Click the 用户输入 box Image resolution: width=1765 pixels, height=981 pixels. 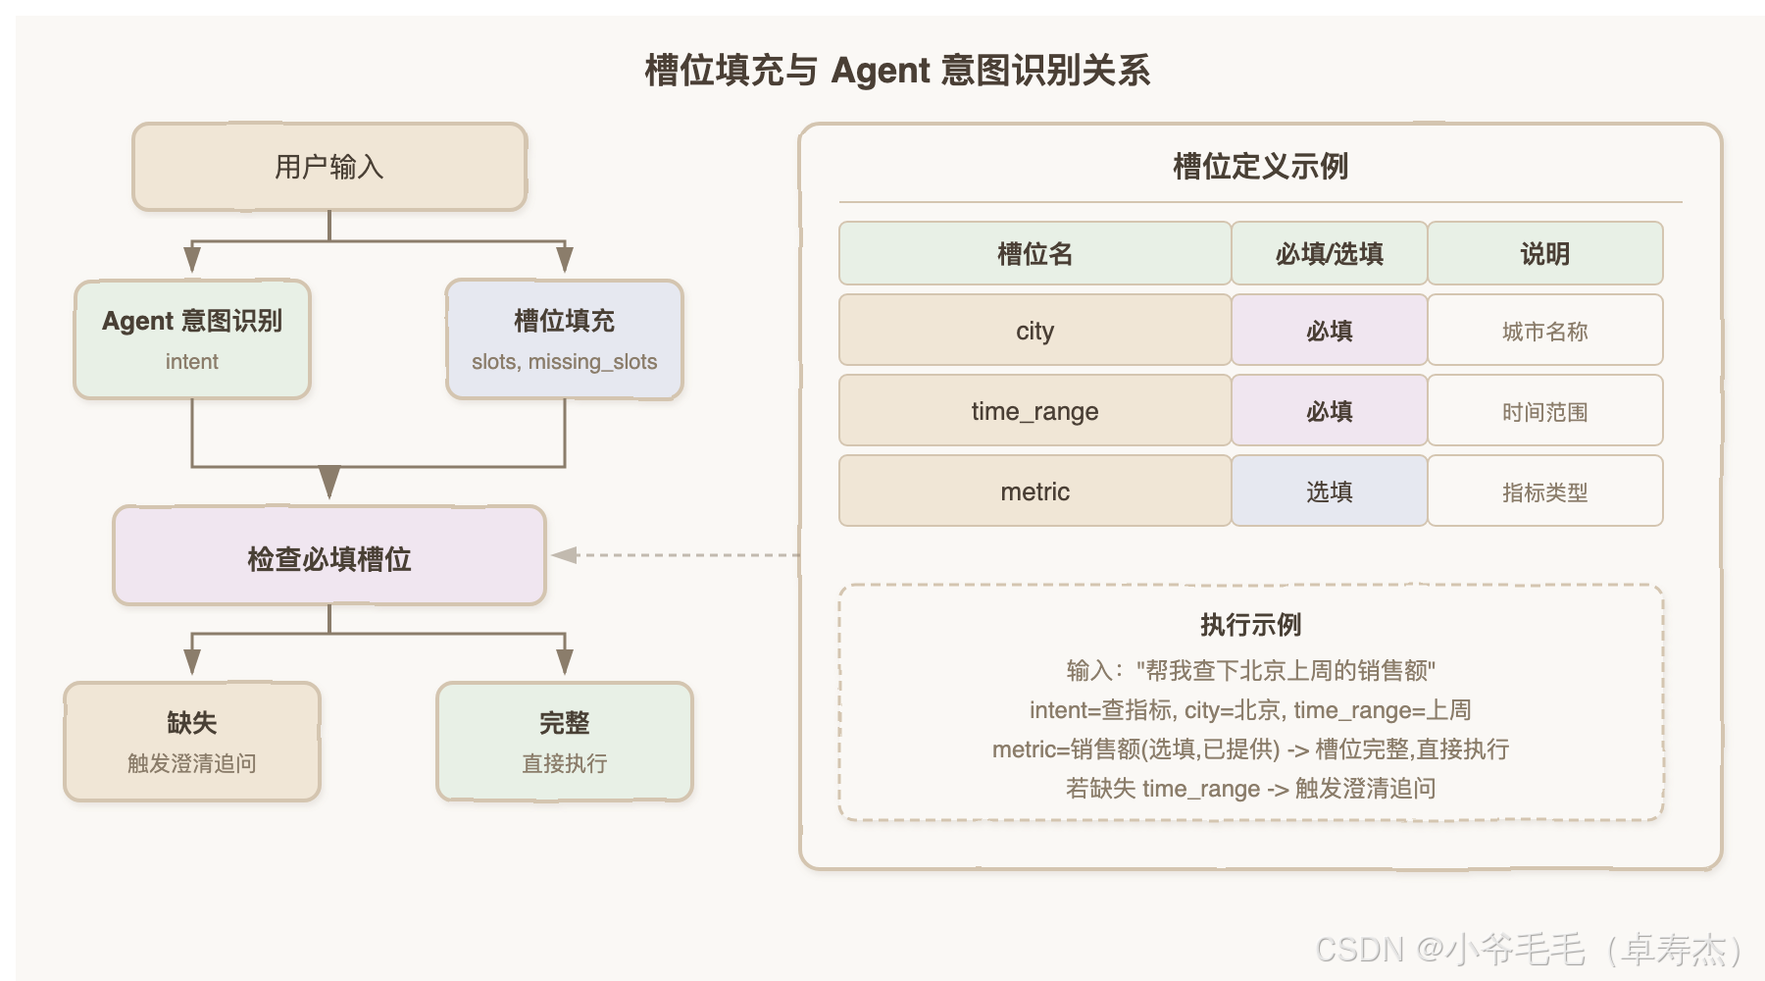[x=329, y=167]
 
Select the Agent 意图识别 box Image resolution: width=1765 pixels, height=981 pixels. [x=192, y=339]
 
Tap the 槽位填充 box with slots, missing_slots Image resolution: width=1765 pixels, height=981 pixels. [x=565, y=339]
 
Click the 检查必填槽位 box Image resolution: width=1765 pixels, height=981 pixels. [x=329, y=555]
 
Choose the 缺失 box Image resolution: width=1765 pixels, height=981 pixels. [x=192, y=742]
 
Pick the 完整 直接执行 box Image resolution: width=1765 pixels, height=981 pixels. [x=565, y=742]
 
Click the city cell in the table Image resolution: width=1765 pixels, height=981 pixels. [x=1034, y=330]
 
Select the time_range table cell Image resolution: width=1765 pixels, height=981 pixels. [x=1034, y=410]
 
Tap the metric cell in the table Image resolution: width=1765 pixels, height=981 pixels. [x=1034, y=490]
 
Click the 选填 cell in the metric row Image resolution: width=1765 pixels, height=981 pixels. [x=1330, y=490]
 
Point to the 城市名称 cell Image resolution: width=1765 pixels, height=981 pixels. [x=1545, y=330]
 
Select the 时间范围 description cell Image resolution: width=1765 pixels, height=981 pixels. [x=1545, y=410]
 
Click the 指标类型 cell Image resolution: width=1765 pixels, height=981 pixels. [x=1545, y=490]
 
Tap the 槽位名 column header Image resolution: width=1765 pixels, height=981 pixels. [x=1034, y=253]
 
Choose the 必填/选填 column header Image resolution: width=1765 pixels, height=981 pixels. [x=1330, y=253]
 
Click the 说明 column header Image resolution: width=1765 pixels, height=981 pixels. [x=1545, y=253]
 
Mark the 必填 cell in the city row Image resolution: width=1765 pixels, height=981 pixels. [x=1330, y=330]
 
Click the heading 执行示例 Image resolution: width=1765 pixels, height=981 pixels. [x=1251, y=625]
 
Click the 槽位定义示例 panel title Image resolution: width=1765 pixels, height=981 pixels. [x=1261, y=166]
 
